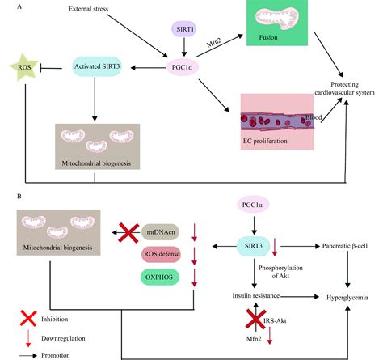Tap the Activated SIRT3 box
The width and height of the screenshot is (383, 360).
[101, 66]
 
